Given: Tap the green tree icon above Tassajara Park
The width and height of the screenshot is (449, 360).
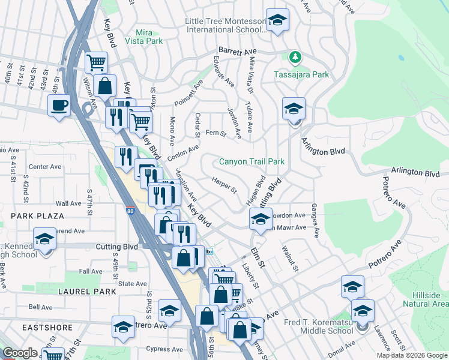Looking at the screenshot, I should click(x=295, y=58).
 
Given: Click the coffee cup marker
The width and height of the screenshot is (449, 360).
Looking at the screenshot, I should click(x=58, y=106).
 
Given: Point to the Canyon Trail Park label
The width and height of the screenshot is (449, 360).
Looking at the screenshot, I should click(x=252, y=162).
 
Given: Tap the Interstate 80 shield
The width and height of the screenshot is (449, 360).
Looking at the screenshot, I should click(x=131, y=211).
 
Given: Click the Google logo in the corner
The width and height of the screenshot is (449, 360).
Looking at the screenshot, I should click(x=20, y=353).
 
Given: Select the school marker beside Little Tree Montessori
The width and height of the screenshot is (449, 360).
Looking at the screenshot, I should click(x=277, y=21).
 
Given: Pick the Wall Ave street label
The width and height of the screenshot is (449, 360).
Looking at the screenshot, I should click(x=68, y=203).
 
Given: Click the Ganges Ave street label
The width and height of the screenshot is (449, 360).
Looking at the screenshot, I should click(x=315, y=221).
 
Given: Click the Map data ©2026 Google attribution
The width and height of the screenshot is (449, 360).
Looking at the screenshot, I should click(x=412, y=355).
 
